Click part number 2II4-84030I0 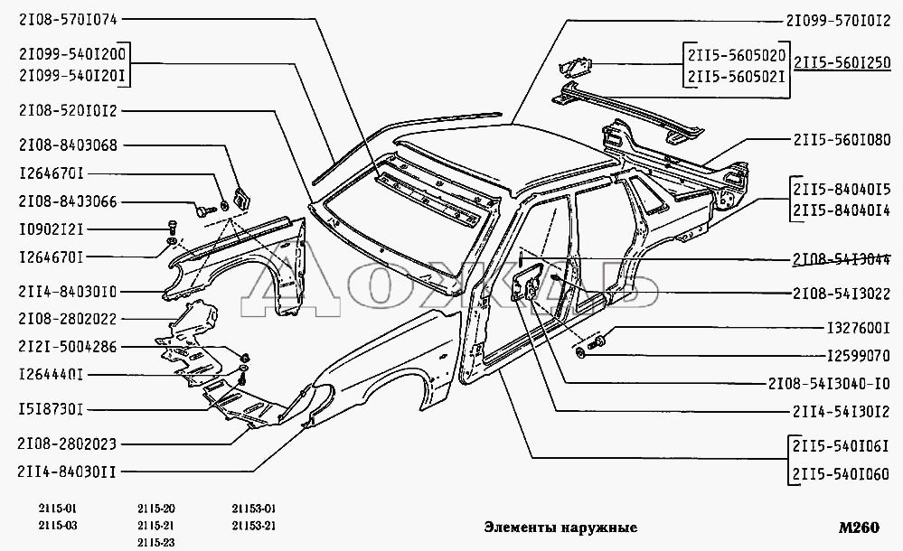click(x=66, y=291)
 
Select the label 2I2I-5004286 click(x=66, y=346)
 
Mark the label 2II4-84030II click(x=66, y=470)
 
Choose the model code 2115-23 click(x=156, y=541)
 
